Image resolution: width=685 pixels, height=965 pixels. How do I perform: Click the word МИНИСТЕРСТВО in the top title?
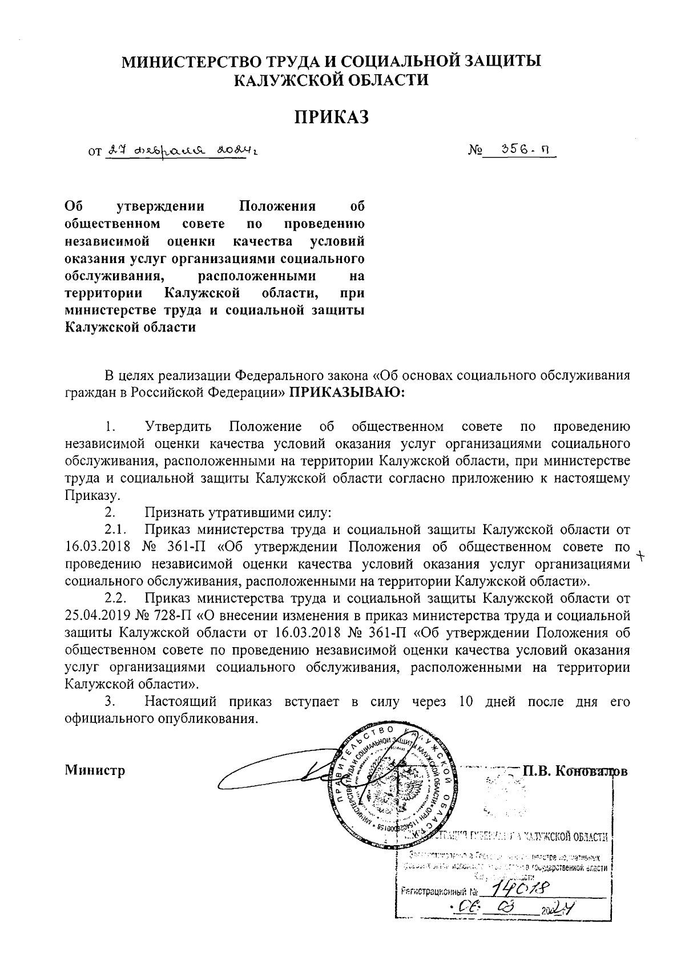[x=196, y=62]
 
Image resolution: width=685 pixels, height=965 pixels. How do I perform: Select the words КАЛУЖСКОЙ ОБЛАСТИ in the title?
[x=331, y=80]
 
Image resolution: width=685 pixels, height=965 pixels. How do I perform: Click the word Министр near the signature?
[x=95, y=770]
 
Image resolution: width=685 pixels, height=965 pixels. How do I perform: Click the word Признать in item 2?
[x=172, y=512]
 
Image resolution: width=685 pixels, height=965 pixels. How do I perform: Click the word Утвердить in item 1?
[x=179, y=426]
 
